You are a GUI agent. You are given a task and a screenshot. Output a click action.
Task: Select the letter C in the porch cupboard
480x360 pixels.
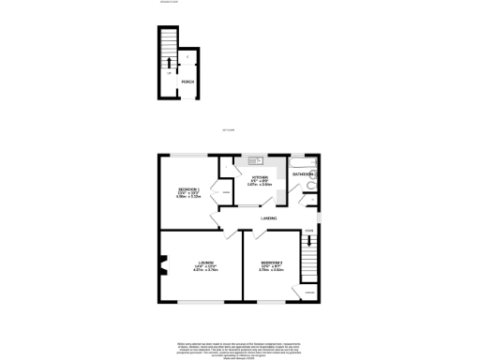(x=187, y=58)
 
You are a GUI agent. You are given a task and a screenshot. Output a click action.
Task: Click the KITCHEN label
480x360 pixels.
(x=260, y=177)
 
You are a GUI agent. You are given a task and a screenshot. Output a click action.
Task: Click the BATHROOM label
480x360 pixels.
(x=304, y=173)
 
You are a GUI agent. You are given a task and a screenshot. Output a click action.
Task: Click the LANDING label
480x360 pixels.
(x=267, y=219)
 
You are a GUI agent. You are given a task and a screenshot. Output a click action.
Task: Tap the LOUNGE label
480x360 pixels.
(x=205, y=262)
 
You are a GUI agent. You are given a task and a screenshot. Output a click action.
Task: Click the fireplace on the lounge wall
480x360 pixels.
(x=161, y=270)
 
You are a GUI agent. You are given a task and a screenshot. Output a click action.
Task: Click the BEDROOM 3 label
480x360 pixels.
(x=272, y=262)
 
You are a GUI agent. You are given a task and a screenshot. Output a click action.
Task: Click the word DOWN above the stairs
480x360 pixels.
(x=308, y=230)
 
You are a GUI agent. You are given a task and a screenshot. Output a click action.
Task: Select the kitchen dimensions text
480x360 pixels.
(x=260, y=184)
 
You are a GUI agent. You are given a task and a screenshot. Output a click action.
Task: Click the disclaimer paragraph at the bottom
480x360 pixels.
(x=240, y=348)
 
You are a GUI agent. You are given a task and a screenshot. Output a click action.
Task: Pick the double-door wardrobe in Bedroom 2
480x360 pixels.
(x=215, y=195)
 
